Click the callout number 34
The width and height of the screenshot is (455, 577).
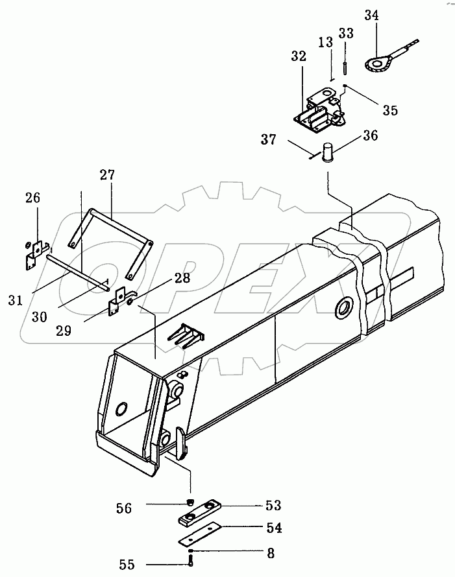pos(372,16)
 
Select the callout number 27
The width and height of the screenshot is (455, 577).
pos(107,175)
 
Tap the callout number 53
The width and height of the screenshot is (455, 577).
pos(273,505)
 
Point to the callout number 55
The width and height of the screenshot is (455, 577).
pos(127,564)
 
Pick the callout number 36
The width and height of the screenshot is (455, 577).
pos(370,135)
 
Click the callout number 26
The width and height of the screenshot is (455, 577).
pos(32,198)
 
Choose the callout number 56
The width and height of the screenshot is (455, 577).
pos(124,508)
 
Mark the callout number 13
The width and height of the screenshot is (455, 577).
pos(326,42)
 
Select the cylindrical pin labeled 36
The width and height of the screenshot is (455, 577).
pos(327,152)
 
